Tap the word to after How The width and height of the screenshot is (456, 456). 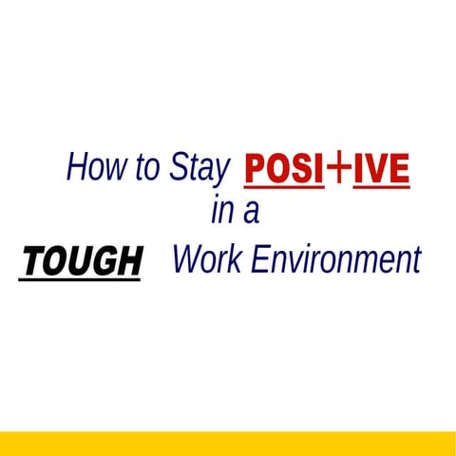(147, 169)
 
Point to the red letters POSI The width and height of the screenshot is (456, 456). (283, 170)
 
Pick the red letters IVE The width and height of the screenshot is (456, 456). (381, 170)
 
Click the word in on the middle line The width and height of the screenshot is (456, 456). (221, 212)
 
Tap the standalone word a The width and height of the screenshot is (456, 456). (251, 214)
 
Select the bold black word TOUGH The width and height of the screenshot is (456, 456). (81, 260)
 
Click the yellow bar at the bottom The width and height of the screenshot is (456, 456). (228, 443)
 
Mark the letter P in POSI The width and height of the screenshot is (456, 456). (256, 170)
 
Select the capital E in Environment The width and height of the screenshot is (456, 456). (259, 259)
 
